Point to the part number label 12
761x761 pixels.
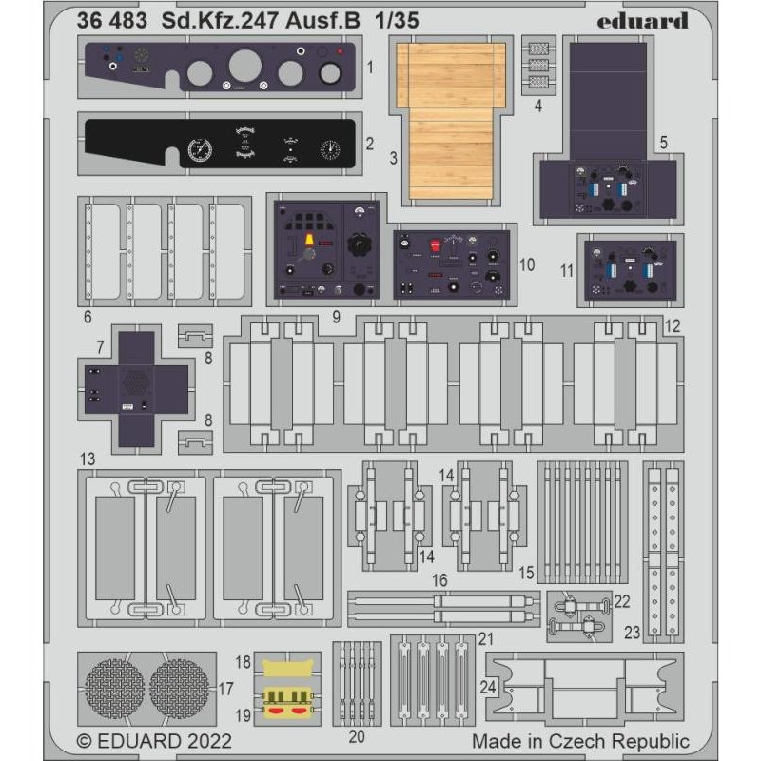click(673, 325)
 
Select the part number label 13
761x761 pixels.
click(88, 459)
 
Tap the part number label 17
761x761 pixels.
click(225, 686)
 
